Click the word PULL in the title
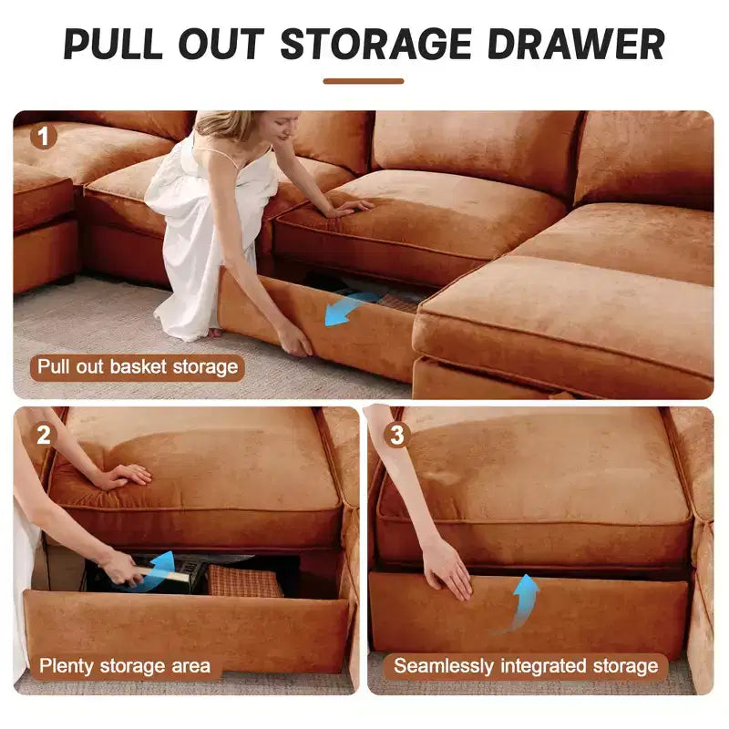click(113, 44)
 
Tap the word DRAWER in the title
click(577, 44)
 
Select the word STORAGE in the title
click(376, 44)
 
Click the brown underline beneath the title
click(364, 81)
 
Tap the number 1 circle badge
click(43, 136)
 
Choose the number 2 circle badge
click(43, 436)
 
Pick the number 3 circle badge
click(396, 436)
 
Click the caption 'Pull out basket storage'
click(138, 367)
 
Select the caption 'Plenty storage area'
click(125, 666)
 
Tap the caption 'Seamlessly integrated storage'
click(526, 666)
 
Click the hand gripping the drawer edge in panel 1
click(293, 338)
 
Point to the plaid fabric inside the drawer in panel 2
click(245, 581)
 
